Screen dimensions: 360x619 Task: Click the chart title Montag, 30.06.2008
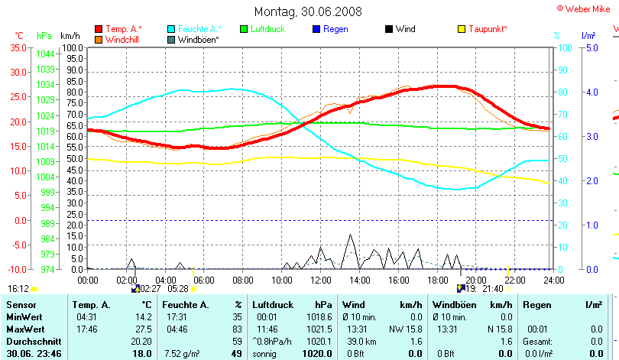[308, 11]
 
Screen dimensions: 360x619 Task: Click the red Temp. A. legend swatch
[99, 29]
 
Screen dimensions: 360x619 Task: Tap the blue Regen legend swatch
[317, 29]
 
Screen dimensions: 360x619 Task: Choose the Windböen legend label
[199, 39]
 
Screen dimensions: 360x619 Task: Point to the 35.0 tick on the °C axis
[17, 47]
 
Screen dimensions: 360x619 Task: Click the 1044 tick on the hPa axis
[44, 54]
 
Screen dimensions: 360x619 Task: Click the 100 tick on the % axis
[566, 47]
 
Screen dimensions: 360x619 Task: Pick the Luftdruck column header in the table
[272, 305]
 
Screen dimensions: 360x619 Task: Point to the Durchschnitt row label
[31, 341]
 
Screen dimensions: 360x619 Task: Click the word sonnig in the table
[265, 353]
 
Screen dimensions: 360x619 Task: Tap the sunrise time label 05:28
[178, 289]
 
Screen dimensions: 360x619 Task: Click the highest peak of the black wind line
[350, 235]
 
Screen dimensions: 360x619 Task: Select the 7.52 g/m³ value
[182, 353]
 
